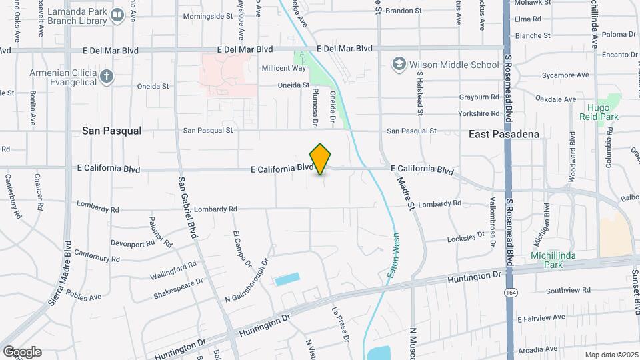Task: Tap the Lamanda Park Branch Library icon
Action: pos(117,15)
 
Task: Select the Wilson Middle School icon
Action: pos(399,65)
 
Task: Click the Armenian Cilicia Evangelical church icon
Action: pos(107,76)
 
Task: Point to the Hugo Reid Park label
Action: pos(603,112)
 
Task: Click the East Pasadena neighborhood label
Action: pos(503,134)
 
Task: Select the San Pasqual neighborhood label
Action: pos(112,131)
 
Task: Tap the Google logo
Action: pos(22,351)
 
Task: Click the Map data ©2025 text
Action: pos(611,355)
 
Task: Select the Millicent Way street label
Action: pos(283,68)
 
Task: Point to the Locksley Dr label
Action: pos(466,237)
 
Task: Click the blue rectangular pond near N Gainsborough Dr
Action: pos(286,279)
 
